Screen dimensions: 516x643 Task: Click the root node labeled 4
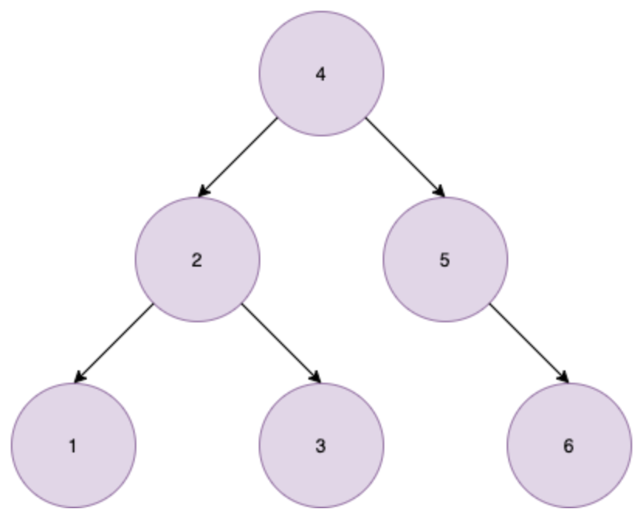pos(321,74)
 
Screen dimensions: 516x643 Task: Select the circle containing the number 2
pos(197,260)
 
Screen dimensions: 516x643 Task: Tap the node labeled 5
pos(445,260)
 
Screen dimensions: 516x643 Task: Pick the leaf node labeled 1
pos(73,445)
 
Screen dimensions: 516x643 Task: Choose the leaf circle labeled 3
pos(321,445)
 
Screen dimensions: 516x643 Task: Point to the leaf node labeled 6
pos(569,445)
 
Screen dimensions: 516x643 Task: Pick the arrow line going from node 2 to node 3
pos(280,342)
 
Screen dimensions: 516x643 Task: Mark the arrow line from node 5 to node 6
pos(528,342)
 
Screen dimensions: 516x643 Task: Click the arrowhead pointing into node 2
pos(204,192)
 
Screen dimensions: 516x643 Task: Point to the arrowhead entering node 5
pos(438,192)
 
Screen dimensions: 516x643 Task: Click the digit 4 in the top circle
pos(321,75)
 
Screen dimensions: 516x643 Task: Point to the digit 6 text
pos(569,446)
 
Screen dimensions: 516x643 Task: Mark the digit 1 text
pos(73,446)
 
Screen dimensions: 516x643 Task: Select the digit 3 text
pos(321,446)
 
